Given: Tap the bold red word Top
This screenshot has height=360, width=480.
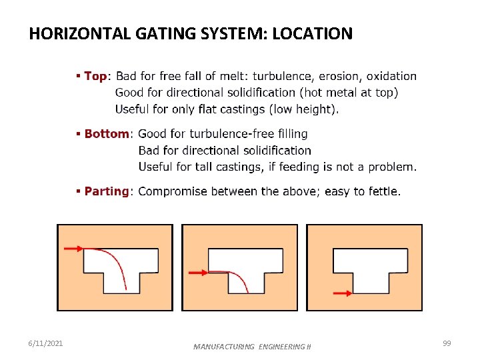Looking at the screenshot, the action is tap(95, 76).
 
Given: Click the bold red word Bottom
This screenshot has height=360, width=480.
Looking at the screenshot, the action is tap(107, 134).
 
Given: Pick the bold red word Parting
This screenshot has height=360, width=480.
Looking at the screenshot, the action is tap(107, 191).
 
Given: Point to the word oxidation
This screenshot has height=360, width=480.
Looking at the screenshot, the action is tap(391, 76).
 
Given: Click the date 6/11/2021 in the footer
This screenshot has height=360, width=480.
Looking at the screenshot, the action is tap(47, 343).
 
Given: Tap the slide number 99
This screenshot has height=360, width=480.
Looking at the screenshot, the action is tap(447, 343).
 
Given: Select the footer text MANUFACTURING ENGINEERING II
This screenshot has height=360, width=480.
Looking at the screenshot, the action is tap(252, 347).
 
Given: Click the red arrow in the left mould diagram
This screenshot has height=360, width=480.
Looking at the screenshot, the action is tap(73, 248).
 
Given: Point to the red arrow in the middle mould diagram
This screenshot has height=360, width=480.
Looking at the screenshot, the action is tap(198, 272).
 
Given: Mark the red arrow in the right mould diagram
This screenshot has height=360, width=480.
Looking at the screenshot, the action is tap(342, 292).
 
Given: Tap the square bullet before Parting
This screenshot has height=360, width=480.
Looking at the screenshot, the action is tap(79, 191).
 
